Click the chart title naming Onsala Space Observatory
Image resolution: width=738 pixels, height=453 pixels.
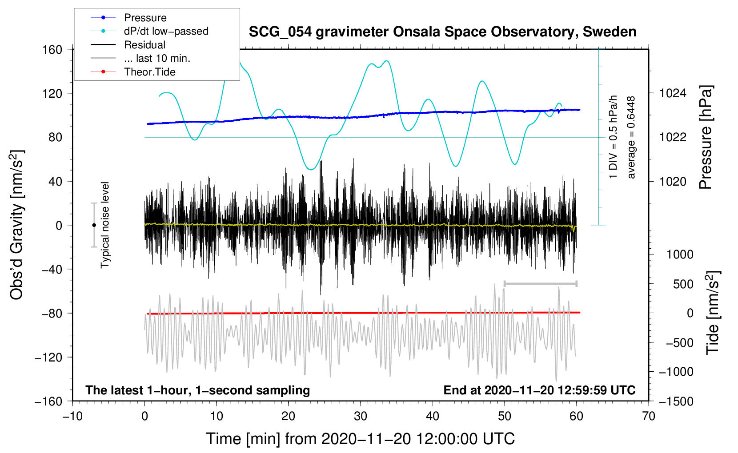pyautogui.click(x=442, y=32)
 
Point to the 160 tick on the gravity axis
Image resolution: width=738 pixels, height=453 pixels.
pyautogui.click(x=52, y=50)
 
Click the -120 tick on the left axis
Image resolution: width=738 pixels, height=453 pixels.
pyautogui.click(x=48, y=357)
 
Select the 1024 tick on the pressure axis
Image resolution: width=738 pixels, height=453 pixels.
pyautogui.click(x=673, y=93)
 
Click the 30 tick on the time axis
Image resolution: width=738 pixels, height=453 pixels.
pyautogui.click(x=361, y=417)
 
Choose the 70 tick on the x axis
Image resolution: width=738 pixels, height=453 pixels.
pyautogui.click(x=648, y=417)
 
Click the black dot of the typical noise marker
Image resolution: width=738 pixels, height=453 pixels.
pyautogui.click(x=94, y=225)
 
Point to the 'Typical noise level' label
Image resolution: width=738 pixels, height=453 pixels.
pyautogui.click(x=105, y=225)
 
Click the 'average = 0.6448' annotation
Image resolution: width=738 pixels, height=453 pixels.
pyautogui.click(x=631, y=138)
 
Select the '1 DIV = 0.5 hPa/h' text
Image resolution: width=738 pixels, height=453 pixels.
pyautogui.click(x=613, y=137)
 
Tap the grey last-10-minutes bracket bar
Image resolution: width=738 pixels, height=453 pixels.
pyautogui.click(x=540, y=283)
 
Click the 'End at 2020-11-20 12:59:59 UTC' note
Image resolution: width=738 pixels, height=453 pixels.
pyautogui.click(x=539, y=390)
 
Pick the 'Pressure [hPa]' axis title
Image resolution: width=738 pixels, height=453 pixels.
pyautogui.click(x=706, y=137)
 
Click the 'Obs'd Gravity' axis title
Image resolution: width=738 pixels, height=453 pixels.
pyautogui.click(x=17, y=225)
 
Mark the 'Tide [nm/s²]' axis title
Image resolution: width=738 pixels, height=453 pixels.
pyautogui.click(x=713, y=313)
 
